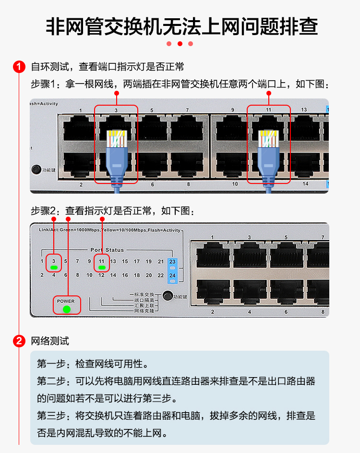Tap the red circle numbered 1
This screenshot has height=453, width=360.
pos(19,67)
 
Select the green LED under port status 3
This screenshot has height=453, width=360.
pos(54,268)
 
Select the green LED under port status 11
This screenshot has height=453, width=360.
pos(101,268)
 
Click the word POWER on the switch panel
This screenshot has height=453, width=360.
pos(66,301)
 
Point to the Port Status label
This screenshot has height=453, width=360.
pos(107,250)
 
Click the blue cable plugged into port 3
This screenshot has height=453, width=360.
pos(116,159)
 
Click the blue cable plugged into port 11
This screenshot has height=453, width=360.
pos(268,159)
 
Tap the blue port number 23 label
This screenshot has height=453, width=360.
pos(173,262)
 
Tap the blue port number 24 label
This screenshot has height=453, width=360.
pos(173,275)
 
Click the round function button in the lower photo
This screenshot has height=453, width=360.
pos(168,296)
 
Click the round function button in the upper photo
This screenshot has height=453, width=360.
pos(36,169)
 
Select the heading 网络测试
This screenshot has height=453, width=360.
pos(50,342)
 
